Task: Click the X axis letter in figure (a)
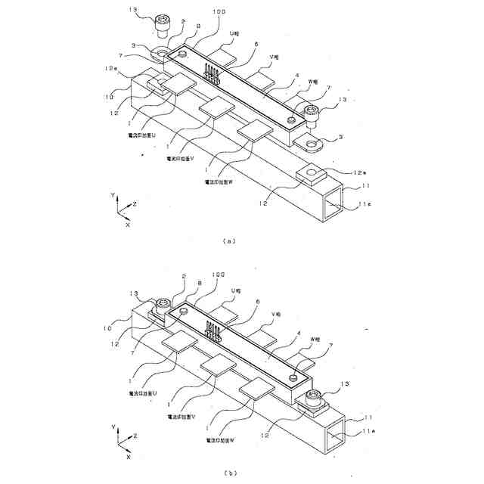(x=128, y=225)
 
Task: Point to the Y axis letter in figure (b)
(x=113, y=427)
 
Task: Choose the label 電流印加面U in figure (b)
(x=143, y=394)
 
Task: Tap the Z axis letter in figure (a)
(x=134, y=204)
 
